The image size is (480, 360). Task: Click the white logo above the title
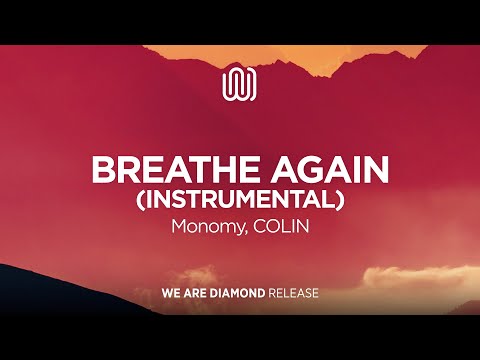pos(240,83)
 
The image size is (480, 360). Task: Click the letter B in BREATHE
pos(103,168)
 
